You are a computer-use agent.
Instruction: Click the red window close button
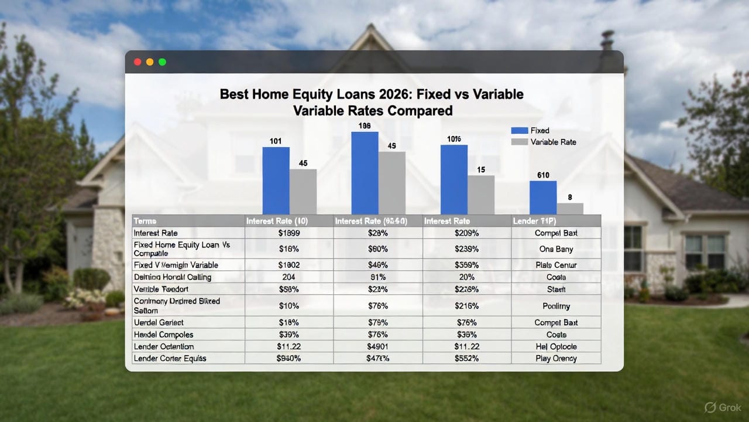pos(138,62)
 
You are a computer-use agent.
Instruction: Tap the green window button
pos(162,62)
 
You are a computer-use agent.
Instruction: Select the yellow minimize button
pos(150,62)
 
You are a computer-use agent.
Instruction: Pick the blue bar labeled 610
pos(543,198)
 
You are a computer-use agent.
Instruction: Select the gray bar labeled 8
pos(570,209)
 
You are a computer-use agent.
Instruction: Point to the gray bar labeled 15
pos(480,195)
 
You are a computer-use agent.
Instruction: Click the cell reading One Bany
pos(556,249)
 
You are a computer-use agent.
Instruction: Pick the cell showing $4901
pos(378,346)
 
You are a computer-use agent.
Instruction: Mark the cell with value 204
pos(288,277)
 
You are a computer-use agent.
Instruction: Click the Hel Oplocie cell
pos(556,346)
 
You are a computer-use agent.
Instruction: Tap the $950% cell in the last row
pos(288,358)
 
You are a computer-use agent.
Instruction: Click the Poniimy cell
pos(556,305)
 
